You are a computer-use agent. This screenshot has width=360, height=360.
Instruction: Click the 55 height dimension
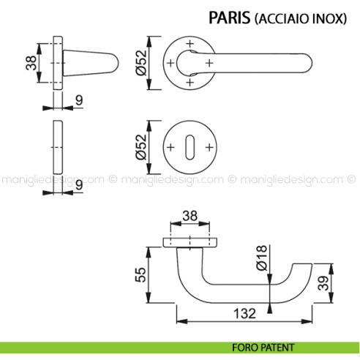pos(149,276)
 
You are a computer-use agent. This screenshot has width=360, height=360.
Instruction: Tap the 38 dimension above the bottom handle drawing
pos(190,217)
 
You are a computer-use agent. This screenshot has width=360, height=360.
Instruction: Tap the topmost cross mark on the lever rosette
pos(190,44)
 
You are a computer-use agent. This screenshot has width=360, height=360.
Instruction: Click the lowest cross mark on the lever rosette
pos(190,83)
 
